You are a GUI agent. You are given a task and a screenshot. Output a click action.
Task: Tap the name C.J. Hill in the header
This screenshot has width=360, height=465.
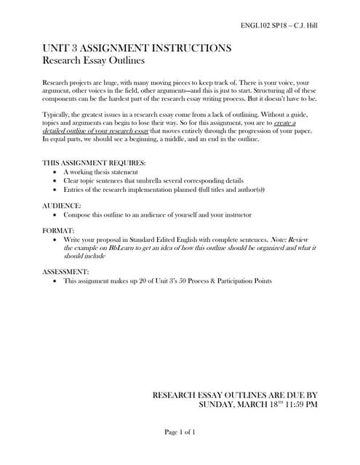[x=305, y=25]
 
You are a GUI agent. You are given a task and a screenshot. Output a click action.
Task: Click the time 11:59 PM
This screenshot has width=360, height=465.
[x=300, y=404]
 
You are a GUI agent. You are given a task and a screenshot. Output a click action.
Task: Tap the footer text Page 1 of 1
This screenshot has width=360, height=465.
[x=180, y=432]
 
